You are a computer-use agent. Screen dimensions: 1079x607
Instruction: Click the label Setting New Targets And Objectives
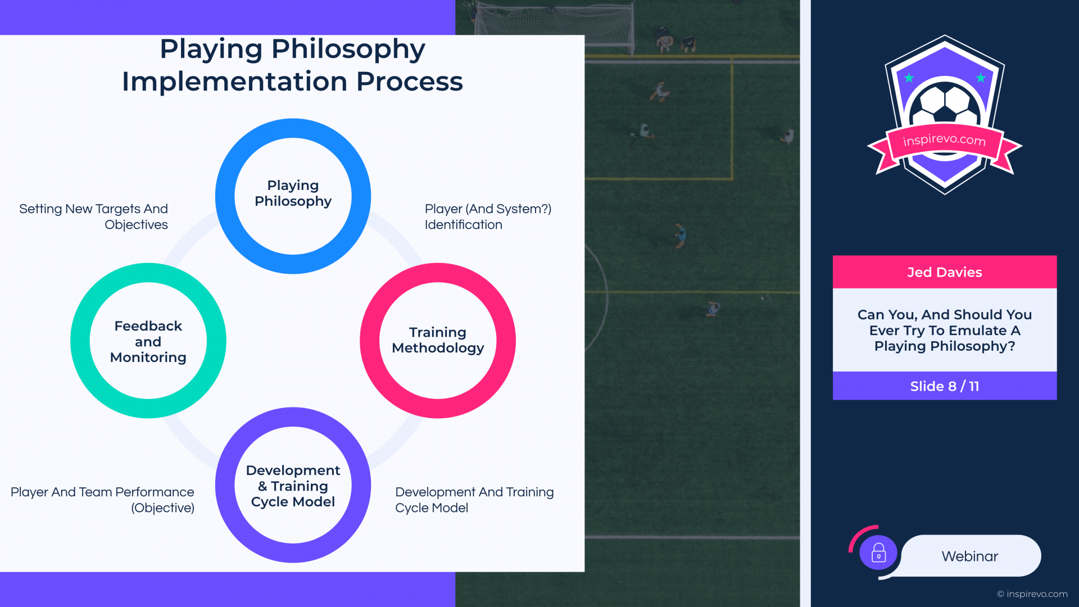[94, 217]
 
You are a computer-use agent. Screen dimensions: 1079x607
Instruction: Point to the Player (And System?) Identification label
[488, 217]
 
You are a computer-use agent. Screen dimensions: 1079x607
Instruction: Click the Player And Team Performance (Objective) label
[103, 500]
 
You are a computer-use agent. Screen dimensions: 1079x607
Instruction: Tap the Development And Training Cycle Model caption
[474, 500]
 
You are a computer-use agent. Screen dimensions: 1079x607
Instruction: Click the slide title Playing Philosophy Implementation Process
[292, 65]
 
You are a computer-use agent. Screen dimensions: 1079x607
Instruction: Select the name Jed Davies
[945, 273]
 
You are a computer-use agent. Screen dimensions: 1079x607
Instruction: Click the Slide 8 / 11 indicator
[945, 386]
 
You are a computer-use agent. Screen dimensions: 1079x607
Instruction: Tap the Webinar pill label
[970, 556]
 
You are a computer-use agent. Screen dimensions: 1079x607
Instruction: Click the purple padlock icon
[878, 552]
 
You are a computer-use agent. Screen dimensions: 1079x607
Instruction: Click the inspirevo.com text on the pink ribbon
[944, 139]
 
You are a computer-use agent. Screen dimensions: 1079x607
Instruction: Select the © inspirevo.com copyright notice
[1032, 594]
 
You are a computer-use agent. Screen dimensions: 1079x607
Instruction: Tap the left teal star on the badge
[909, 78]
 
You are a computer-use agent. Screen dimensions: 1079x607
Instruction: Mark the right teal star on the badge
[981, 78]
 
